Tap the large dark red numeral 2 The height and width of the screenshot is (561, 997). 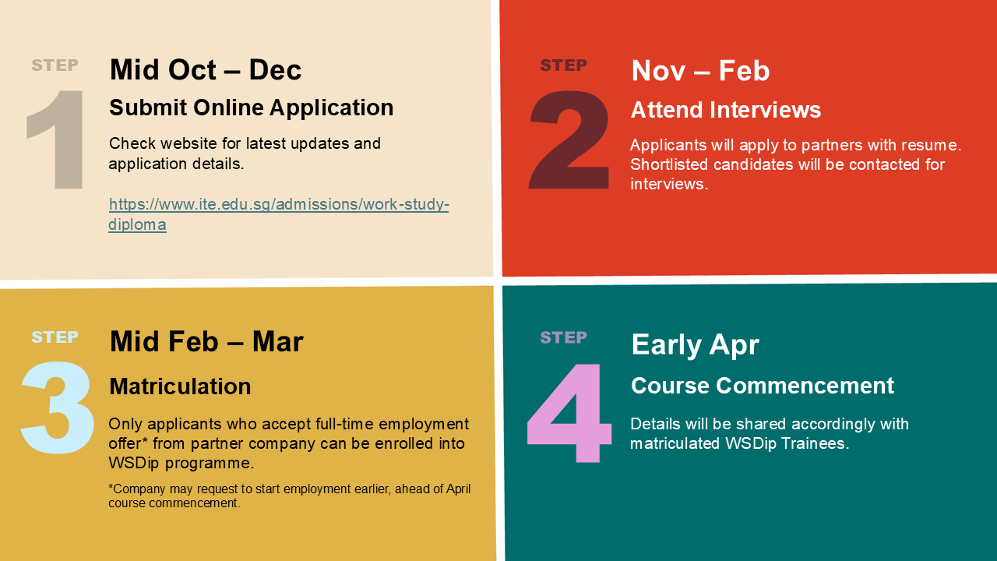click(569, 139)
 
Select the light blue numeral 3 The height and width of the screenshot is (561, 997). click(57, 408)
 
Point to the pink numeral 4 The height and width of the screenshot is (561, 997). click(569, 413)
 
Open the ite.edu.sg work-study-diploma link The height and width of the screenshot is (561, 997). click(279, 214)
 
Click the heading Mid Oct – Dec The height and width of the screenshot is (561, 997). click(206, 70)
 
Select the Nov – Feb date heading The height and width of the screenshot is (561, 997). click(700, 71)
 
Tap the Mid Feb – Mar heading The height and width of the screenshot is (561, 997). click(206, 341)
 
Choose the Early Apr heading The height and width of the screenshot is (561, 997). click(696, 345)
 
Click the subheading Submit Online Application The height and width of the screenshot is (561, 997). click(252, 108)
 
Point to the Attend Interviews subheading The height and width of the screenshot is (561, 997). click(726, 110)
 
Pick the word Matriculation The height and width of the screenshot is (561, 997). click(180, 386)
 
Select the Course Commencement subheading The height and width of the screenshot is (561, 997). click(763, 386)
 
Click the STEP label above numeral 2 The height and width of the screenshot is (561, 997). click(563, 65)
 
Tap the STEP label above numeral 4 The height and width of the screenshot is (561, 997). click(563, 337)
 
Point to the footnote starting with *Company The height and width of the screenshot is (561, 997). click(289, 496)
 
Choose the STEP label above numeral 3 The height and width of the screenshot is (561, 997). click(55, 337)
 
